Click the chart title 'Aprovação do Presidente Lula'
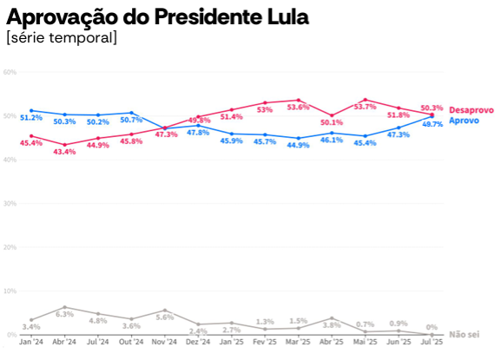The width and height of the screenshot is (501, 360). (157, 16)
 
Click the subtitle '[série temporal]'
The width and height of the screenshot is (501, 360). (61, 38)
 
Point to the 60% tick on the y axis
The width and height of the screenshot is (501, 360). (10, 72)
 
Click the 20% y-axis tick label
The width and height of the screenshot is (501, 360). (10, 247)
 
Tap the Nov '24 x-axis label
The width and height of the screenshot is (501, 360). (165, 344)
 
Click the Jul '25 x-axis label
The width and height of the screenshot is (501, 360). (432, 344)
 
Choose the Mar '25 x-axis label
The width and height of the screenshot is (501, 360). (298, 344)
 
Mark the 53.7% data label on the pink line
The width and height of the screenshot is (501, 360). (366, 107)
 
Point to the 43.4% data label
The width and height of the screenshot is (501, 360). (64, 152)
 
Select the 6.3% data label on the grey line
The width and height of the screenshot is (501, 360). (64, 314)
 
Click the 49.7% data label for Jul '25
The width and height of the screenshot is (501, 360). (432, 124)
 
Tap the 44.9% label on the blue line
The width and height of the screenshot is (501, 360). (298, 145)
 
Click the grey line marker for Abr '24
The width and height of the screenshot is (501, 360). (64, 307)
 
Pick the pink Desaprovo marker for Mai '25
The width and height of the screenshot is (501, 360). (366, 100)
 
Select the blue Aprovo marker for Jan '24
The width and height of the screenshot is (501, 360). (31, 110)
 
